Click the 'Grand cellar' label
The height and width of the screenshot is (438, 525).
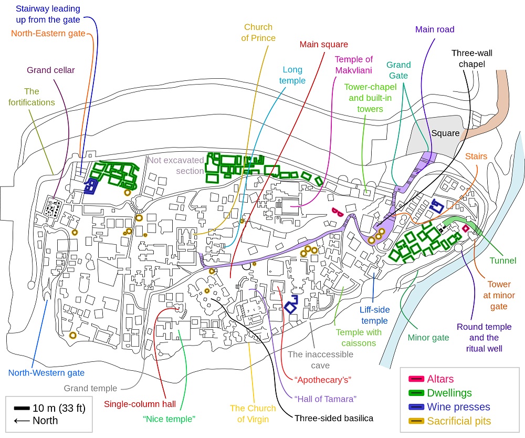(51, 70)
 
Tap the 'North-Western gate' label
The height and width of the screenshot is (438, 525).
(46, 373)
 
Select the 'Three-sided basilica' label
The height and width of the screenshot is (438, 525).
(333, 419)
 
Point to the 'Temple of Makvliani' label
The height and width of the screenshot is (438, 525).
(353, 65)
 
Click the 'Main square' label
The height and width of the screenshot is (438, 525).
(323, 44)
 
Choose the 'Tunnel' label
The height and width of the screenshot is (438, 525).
(502, 260)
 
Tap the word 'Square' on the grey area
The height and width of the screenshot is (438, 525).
(445, 133)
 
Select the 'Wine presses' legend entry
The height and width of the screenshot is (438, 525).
(458, 407)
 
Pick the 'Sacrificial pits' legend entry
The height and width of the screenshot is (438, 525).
(459, 421)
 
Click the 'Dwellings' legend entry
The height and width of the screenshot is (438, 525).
(449, 393)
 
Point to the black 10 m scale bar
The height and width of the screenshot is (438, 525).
(22, 408)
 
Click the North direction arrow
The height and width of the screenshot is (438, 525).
(22, 421)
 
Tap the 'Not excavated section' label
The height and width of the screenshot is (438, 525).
(175, 165)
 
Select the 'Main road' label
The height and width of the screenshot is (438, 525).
(434, 29)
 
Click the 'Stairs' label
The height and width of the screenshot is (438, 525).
(476, 156)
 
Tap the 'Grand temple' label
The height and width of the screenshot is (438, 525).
(90, 389)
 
